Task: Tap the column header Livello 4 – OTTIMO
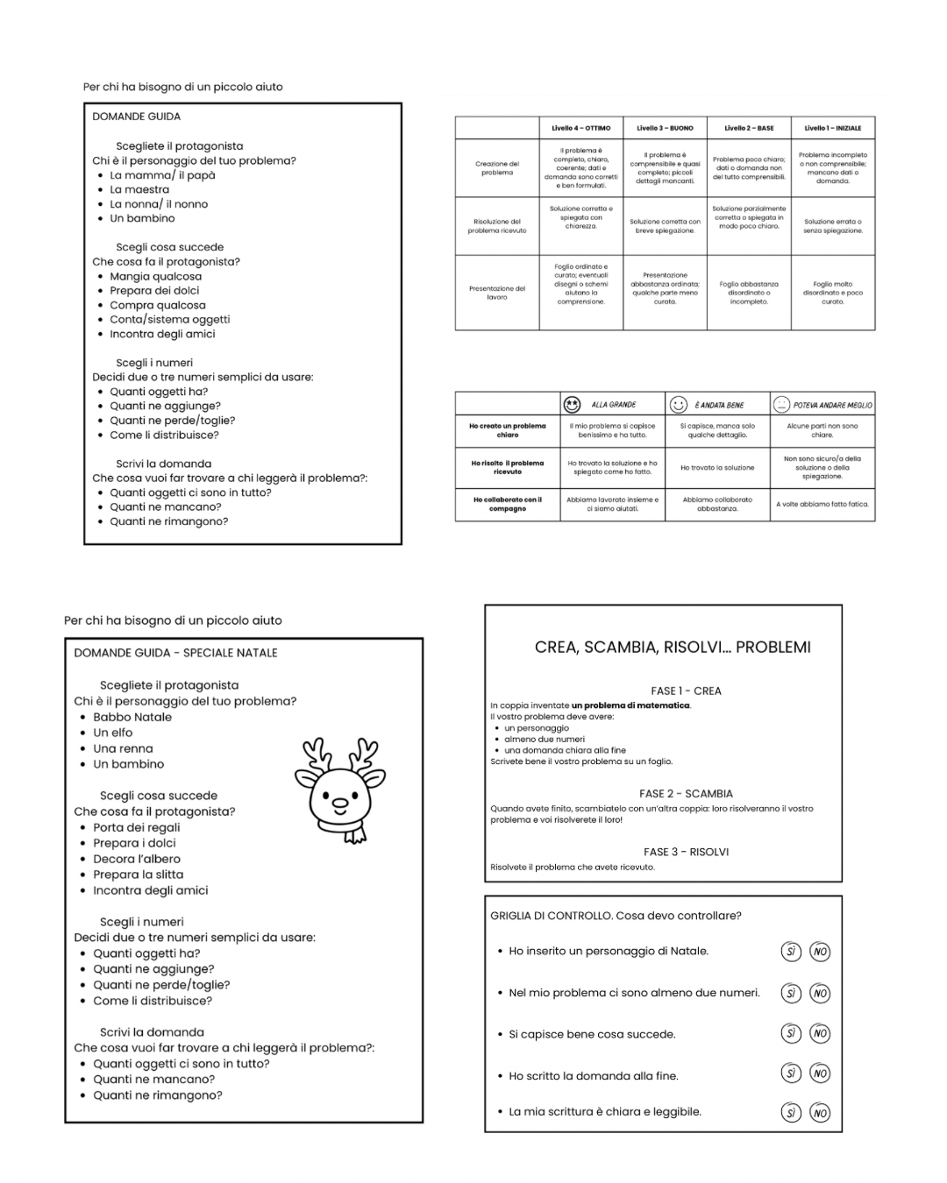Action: click(x=580, y=128)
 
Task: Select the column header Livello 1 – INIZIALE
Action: click(x=832, y=128)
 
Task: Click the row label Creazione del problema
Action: click(x=497, y=168)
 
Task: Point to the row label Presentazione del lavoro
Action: click(x=497, y=293)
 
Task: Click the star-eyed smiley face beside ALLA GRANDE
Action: click(x=573, y=404)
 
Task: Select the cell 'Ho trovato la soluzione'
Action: click(x=717, y=468)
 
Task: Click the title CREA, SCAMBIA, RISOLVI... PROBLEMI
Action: click(x=673, y=648)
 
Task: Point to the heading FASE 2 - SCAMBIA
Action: click(x=686, y=794)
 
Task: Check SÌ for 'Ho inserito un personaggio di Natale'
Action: click(x=791, y=952)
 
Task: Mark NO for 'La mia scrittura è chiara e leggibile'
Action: click(x=820, y=1113)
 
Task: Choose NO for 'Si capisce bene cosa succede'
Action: click(x=820, y=1034)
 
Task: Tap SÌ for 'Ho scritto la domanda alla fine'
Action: click(x=791, y=1073)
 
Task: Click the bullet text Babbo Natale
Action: click(x=132, y=717)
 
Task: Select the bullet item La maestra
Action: click(x=139, y=189)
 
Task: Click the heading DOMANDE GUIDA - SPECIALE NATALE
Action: click(x=175, y=653)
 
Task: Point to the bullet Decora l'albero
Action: click(x=137, y=859)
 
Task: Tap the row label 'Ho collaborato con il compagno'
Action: click(x=508, y=504)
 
